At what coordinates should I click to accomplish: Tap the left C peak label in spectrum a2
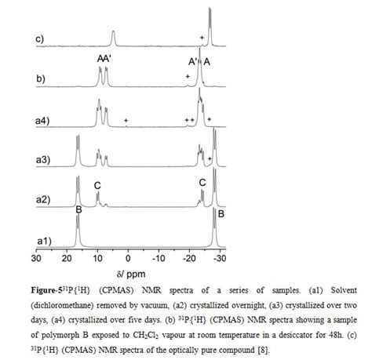(x=97, y=185)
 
